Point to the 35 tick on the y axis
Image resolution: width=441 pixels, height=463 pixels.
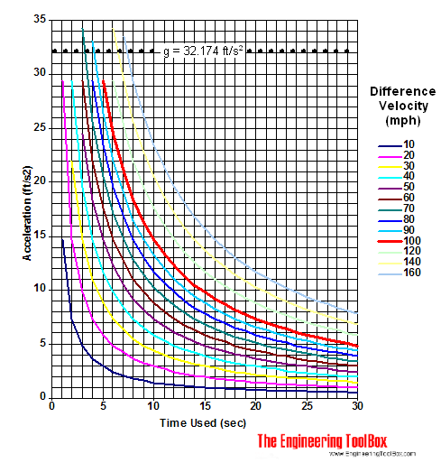39,18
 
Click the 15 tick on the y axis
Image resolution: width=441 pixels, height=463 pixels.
39,235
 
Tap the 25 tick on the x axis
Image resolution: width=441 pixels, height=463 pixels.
307,407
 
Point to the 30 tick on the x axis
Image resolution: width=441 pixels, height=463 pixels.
358,407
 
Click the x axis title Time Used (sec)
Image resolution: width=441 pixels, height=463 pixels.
203,422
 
